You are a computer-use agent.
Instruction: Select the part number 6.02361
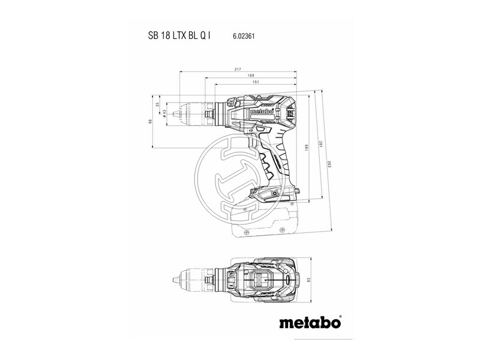pos(244,37)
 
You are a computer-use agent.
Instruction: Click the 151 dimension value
pos(256,83)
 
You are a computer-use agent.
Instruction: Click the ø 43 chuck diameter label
pos(164,112)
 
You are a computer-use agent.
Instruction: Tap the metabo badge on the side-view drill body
pos(262,110)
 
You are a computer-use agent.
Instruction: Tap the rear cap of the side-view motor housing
pos(292,111)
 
